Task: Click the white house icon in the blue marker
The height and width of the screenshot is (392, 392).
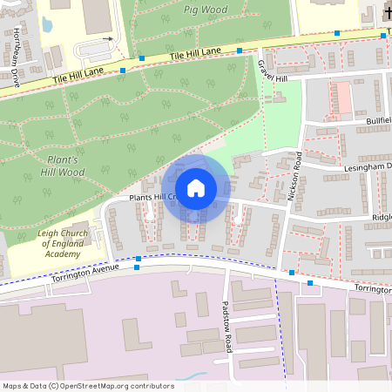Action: [196, 188]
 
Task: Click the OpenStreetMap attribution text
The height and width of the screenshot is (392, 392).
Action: [88, 385]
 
